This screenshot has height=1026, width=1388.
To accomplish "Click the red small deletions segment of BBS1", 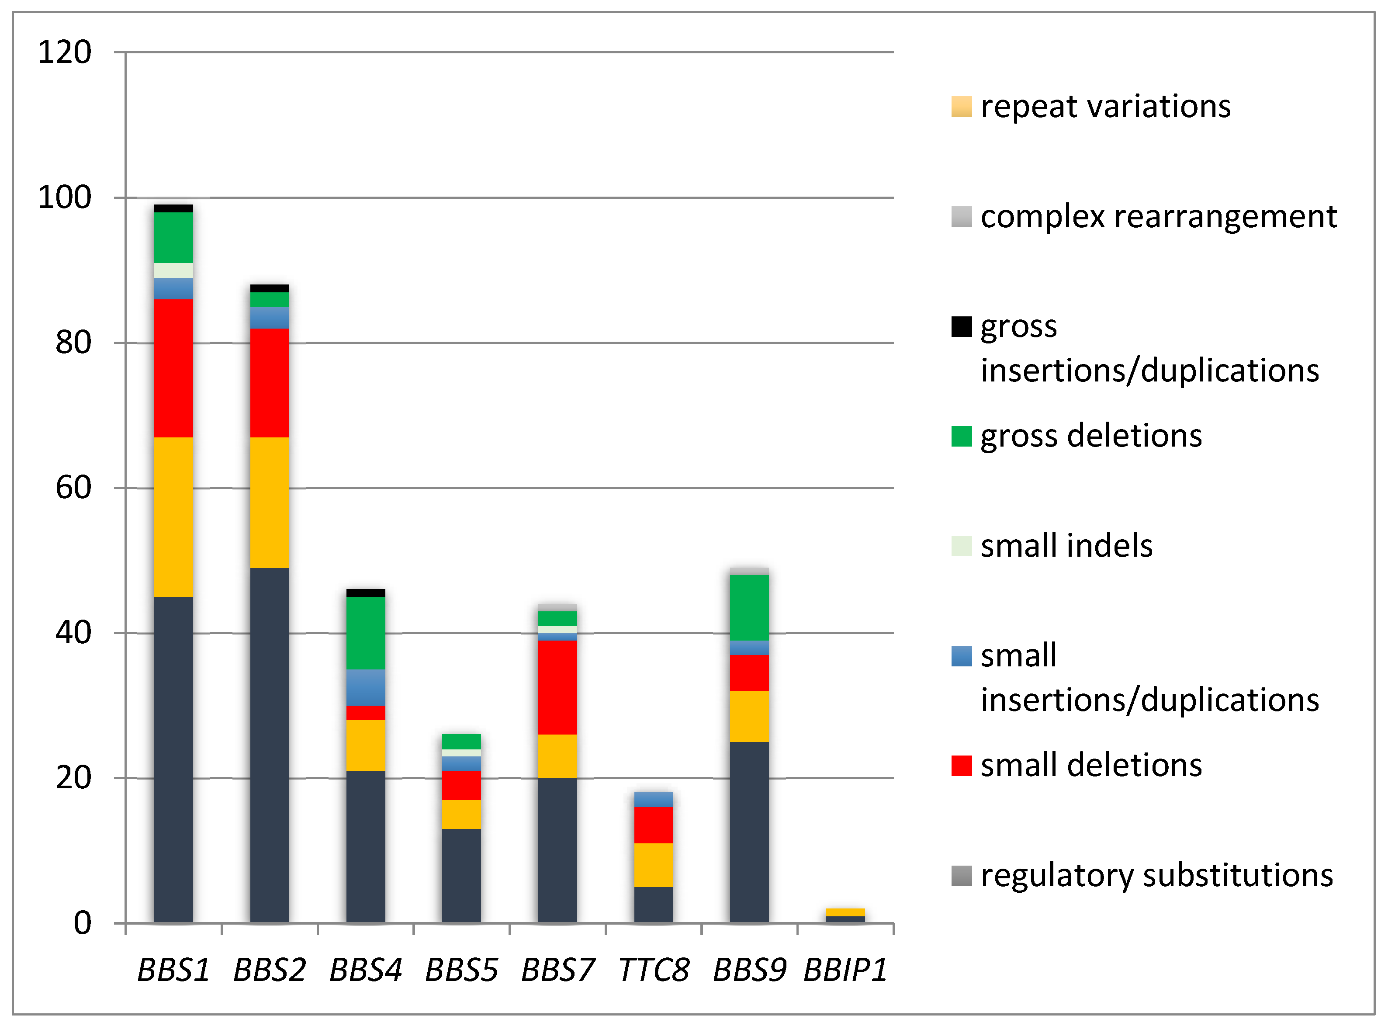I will pyautogui.click(x=173, y=368).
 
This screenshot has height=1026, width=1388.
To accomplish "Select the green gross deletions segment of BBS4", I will pyautogui.click(x=365, y=633).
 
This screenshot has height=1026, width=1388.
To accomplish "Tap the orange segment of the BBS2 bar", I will pyautogui.click(x=270, y=503).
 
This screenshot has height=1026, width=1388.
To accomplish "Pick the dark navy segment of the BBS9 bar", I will pyautogui.click(x=749, y=832).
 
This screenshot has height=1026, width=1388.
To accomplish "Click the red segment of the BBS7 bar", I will pyautogui.click(x=557, y=687).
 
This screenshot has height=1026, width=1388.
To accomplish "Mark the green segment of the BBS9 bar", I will pyautogui.click(x=749, y=607).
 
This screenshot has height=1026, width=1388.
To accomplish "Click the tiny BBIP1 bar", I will pyautogui.click(x=845, y=915).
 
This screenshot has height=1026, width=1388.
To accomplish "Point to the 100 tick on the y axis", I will pyautogui.click(x=65, y=198).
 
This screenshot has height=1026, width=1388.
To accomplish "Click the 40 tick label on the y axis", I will pyautogui.click(x=73, y=633).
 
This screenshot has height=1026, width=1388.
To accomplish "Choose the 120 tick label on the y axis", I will pyautogui.click(x=65, y=52).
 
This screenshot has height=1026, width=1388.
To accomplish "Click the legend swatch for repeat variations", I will pyautogui.click(x=961, y=107).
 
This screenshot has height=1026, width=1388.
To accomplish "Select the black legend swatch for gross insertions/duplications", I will pyautogui.click(x=961, y=327).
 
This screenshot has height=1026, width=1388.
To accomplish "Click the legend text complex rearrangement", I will pyautogui.click(x=1158, y=217).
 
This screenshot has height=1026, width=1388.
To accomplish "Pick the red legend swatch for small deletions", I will pyautogui.click(x=961, y=766).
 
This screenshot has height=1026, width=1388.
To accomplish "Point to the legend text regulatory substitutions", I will pyautogui.click(x=1156, y=876).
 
